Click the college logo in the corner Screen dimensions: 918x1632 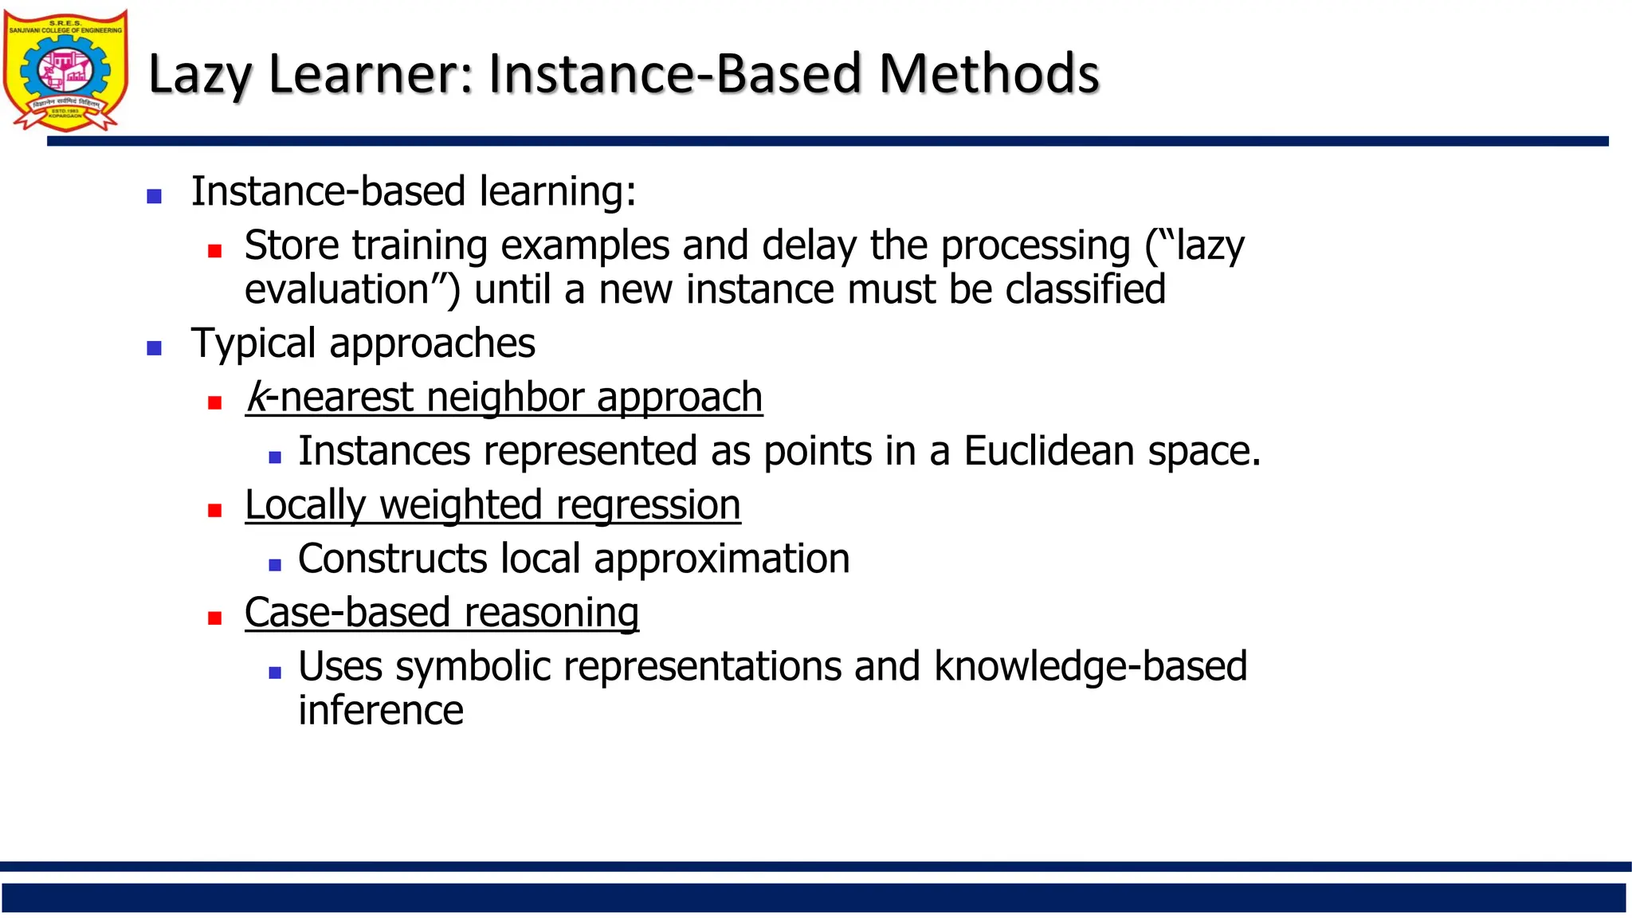click(x=65, y=70)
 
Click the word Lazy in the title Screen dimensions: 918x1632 click(x=200, y=74)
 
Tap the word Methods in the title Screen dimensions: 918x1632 click(x=988, y=74)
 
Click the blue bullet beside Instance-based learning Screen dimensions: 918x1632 click(x=155, y=196)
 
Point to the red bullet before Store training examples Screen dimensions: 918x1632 click(x=214, y=251)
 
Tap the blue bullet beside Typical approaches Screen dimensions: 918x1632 click(x=155, y=347)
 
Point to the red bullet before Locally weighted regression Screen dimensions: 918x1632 click(x=214, y=510)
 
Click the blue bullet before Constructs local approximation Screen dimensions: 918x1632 click(x=275, y=565)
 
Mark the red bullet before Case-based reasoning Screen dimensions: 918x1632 click(x=214, y=618)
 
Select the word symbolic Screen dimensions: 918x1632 click(x=473, y=667)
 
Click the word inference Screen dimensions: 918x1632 click(x=380, y=711)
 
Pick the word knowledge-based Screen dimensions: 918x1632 click(x=1089, y=667)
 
